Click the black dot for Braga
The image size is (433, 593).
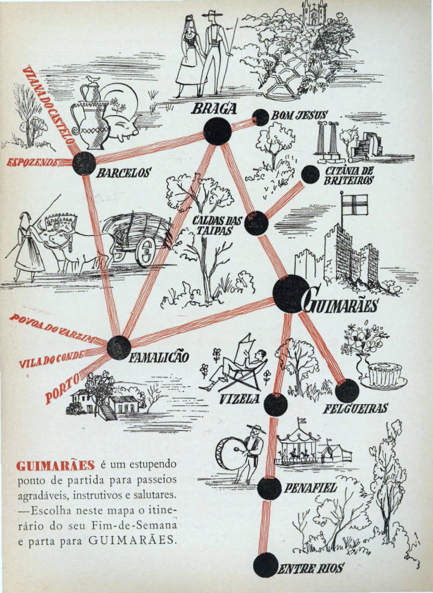pos(217,131)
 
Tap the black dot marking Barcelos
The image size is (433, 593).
pos(84,163)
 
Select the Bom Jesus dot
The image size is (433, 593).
pos(261,117)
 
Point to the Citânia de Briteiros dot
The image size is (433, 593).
pos(310,174)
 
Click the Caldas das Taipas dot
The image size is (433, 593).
pos(256,223)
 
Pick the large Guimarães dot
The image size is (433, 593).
pos(290,294)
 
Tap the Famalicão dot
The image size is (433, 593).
pos(119,348)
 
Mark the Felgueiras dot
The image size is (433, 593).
pos(347,390)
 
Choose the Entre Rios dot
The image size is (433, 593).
pos(266,565)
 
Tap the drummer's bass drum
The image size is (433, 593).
pos(229,453)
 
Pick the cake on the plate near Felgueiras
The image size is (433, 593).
pos(384,372)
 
